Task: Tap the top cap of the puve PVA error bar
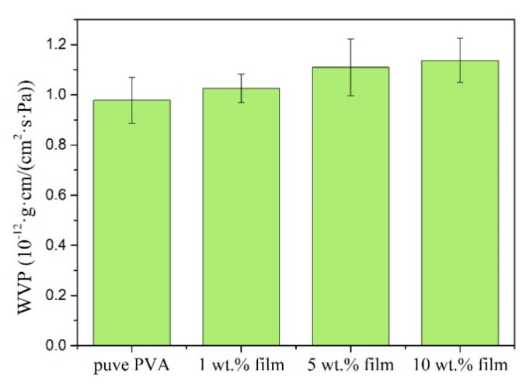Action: [132, 77]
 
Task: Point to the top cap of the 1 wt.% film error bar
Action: [241, 74]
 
